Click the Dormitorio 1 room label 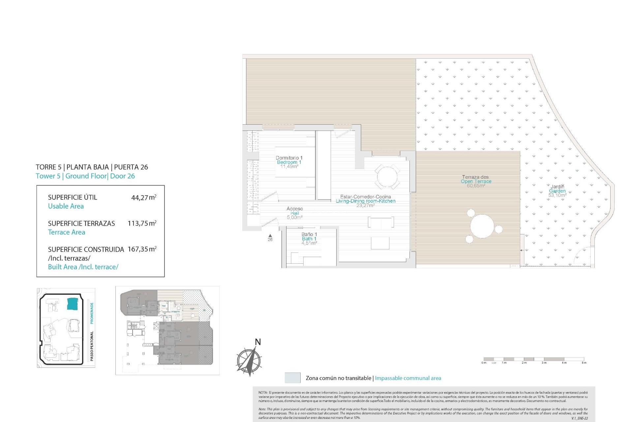click(x=289, y=158)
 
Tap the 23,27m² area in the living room click(x=365, y=205)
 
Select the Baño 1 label click(x=309, y=234)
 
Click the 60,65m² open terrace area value click(x=476, y=186)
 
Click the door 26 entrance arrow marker click(x=270, y=235)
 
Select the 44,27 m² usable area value click(x=144, y=197)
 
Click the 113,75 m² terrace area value click(x=142, y=223)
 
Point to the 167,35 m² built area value click(x=142, y=249)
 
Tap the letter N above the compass click(x=258, y=342)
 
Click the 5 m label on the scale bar click(x=584, y=363)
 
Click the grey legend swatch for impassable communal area click(x=292, y=378)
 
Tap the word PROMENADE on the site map click(x=92, y=312)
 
